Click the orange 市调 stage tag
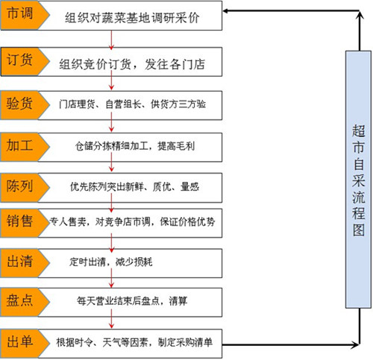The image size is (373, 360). click(x=24, y=16)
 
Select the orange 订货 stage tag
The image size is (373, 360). click(x=24, y=61)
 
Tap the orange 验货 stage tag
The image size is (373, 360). click(x=24, y=105)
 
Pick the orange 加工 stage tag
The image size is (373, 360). click(x=24, y=147)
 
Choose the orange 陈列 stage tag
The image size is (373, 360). click(x=24, y=188)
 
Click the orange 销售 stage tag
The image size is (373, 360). click(x=24, y=223)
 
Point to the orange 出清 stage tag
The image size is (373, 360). click(x=24, y=263)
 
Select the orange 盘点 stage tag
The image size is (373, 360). click(x=24, y=302)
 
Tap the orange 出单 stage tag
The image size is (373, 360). click(x=24, y=344)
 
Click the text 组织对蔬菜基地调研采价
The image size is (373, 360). click(x=132, y=18)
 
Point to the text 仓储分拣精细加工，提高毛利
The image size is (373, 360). click(x=135, y=146)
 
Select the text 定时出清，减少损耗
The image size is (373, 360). click(x=110, y=262)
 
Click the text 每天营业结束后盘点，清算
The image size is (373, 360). click(x=132, y=301)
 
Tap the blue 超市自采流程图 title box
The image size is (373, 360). click(x=358, y=180)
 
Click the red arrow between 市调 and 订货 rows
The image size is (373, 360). click(x=111, y=40)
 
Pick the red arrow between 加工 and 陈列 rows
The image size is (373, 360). click(x=111, y=162)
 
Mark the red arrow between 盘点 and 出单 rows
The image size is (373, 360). click(x=111, y=319)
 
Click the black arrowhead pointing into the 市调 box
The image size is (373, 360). click(x=225, y=10)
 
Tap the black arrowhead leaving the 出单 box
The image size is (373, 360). click(x=356, y=344)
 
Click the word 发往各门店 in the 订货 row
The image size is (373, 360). click(x=175, y=64)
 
